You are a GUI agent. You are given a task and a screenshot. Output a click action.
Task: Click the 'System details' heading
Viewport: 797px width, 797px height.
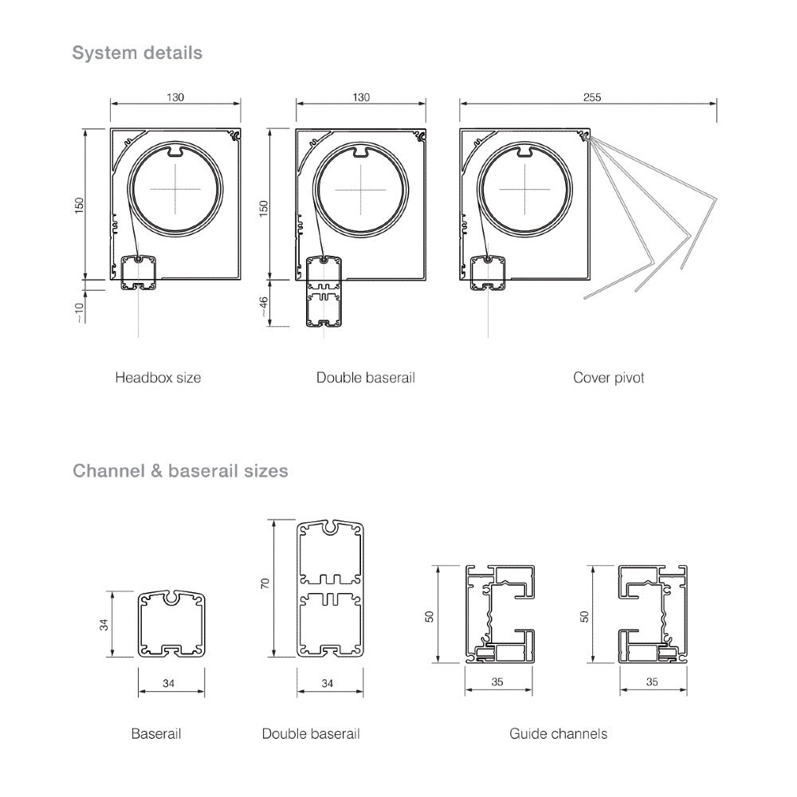pyautogui.click(x=137, y=53)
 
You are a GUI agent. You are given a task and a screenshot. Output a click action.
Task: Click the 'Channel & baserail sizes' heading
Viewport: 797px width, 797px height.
pyautogui.click(x=180, y=471)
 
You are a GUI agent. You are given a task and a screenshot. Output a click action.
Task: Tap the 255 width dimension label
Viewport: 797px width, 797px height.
pyautogui.click(x=591, y=97)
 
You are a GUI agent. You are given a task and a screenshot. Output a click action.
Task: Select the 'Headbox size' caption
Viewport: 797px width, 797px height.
pyautogui.click(x=158, y=377)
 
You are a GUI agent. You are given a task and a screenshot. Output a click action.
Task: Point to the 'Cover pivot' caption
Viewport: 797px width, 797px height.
pyautogui.click(x=608, y=377)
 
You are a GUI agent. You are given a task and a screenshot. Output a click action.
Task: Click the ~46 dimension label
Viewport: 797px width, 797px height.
pyautogui.click(x=264, y=304)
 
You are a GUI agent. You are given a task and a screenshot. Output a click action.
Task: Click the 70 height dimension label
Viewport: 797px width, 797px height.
pyautogui.click(x=265, y=583)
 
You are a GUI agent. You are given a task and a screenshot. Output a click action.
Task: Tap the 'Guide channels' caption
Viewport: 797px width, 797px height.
pyautogui.click(x=558, y=732)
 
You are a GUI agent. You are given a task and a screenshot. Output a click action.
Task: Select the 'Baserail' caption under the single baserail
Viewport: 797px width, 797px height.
pyautogui.click(x=156, y=732)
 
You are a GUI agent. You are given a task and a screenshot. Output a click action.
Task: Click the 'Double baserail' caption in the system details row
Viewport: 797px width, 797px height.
pyautogui.click(x=365, y=377)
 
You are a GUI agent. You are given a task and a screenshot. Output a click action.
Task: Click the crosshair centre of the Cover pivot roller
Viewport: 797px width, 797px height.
pyautogui.click(x=525, y=189)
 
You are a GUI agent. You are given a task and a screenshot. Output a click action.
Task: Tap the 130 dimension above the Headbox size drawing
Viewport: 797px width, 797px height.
pyautogui.click(x=175, y=97)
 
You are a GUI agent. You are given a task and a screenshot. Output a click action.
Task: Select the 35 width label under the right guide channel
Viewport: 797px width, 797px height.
pyautogui.click(x=652, y=682)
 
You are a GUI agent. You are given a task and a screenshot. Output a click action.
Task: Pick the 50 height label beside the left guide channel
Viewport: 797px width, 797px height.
pyautogui.click(x=430, y=615)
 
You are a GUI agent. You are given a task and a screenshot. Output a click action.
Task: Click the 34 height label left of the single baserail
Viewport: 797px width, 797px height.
pyautogui.click(x=104, y=624)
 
